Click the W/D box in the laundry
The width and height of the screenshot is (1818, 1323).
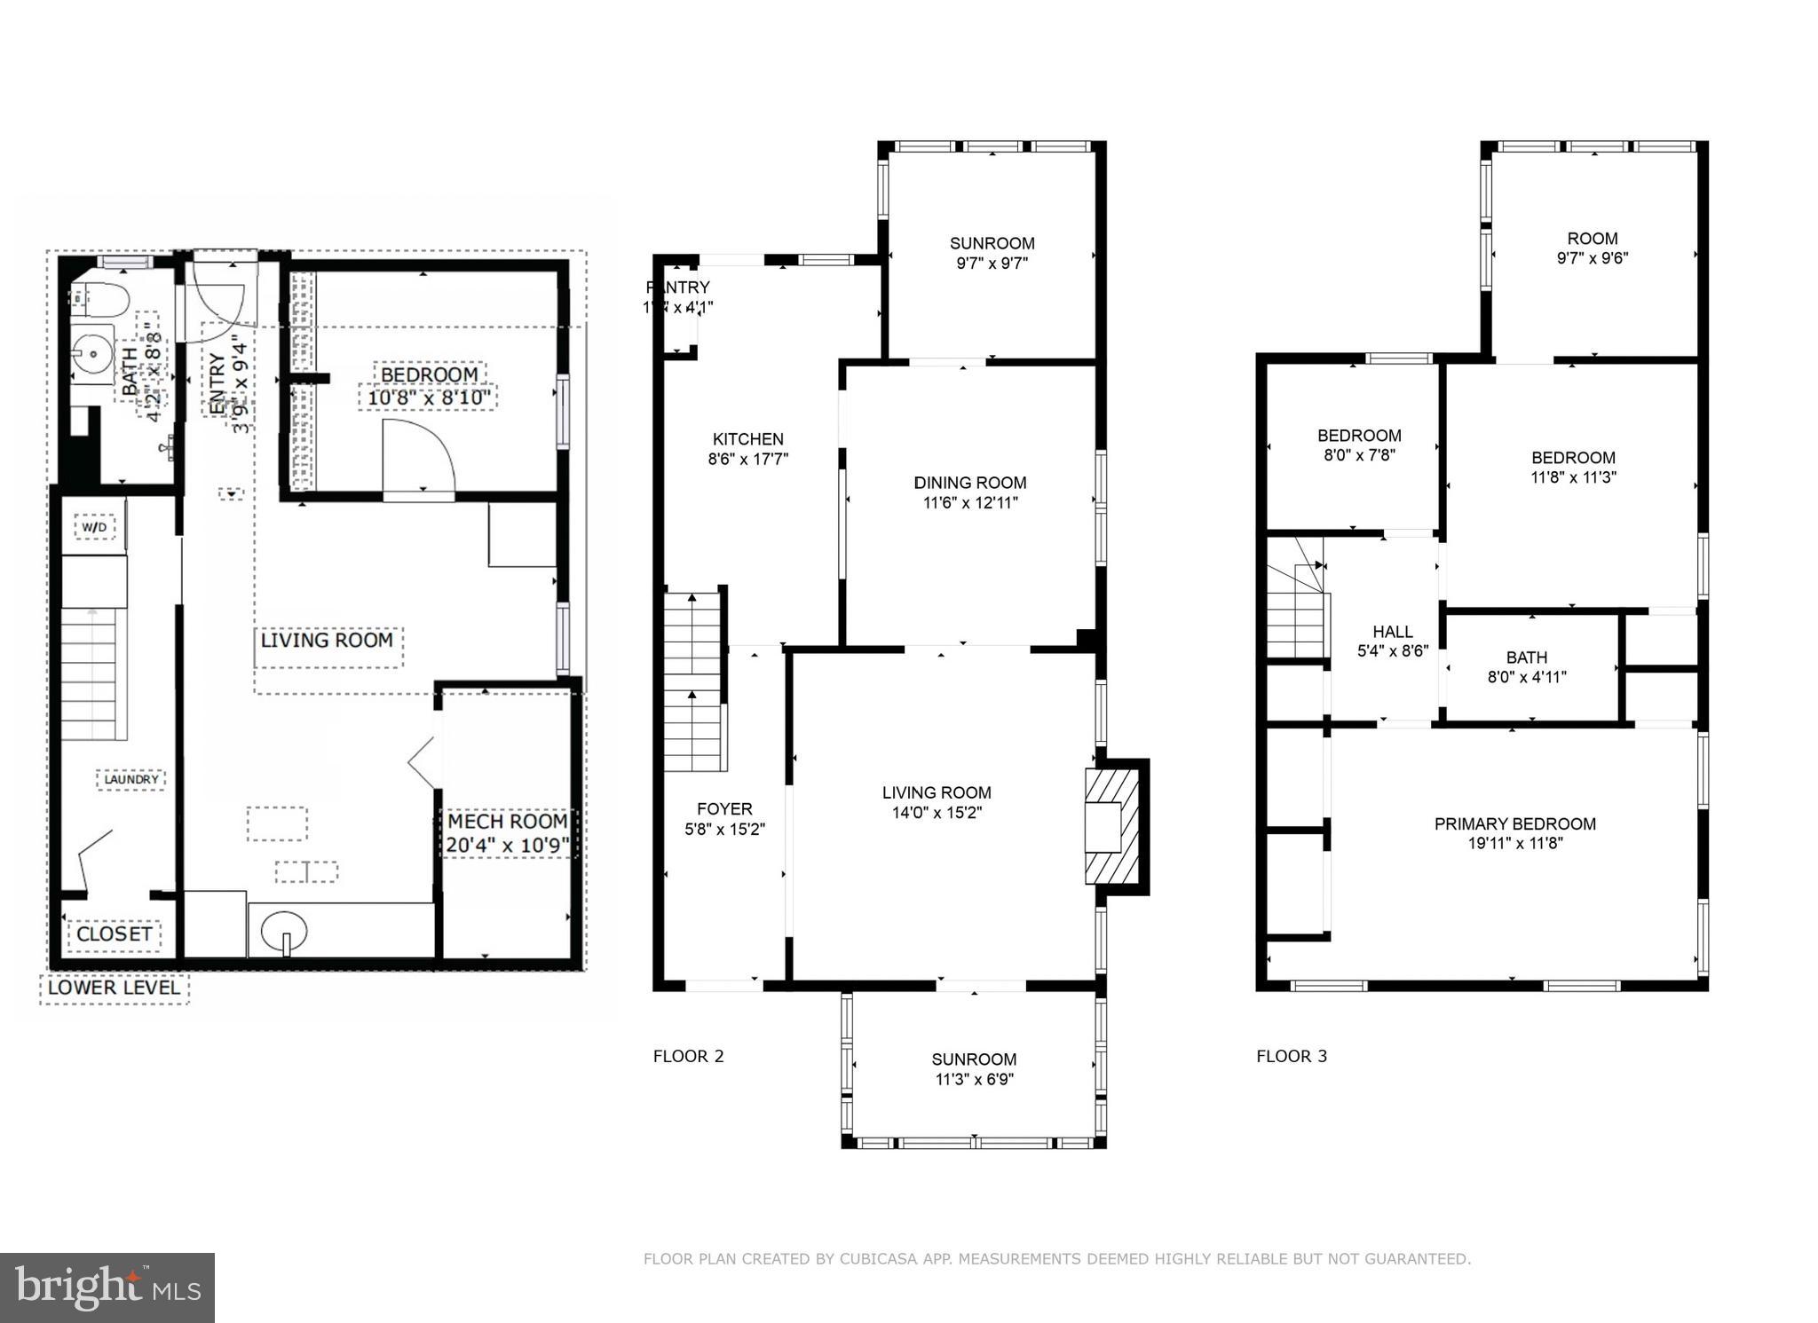point(94,528)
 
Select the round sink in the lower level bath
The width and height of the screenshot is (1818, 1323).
point(92,354)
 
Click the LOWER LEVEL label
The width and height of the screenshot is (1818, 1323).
point(114,988)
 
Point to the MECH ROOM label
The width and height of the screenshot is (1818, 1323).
point(507,822)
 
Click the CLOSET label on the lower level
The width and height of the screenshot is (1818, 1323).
point(114,934)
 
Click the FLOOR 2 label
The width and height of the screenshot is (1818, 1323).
point(688,1056)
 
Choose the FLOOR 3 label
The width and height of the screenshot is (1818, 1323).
point(1291,1056)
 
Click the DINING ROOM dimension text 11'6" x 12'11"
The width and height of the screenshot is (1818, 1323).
point(969,503)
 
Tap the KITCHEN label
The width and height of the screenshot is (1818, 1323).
point(747,439)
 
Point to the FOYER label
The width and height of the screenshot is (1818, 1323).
point(724,808)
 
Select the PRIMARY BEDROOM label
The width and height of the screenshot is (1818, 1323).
point(1514,823)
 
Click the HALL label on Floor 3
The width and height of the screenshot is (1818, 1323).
point(1392,632)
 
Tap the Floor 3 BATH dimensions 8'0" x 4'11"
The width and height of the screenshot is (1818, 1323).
point(1526,677)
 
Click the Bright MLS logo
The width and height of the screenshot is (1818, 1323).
point(107,1288)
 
